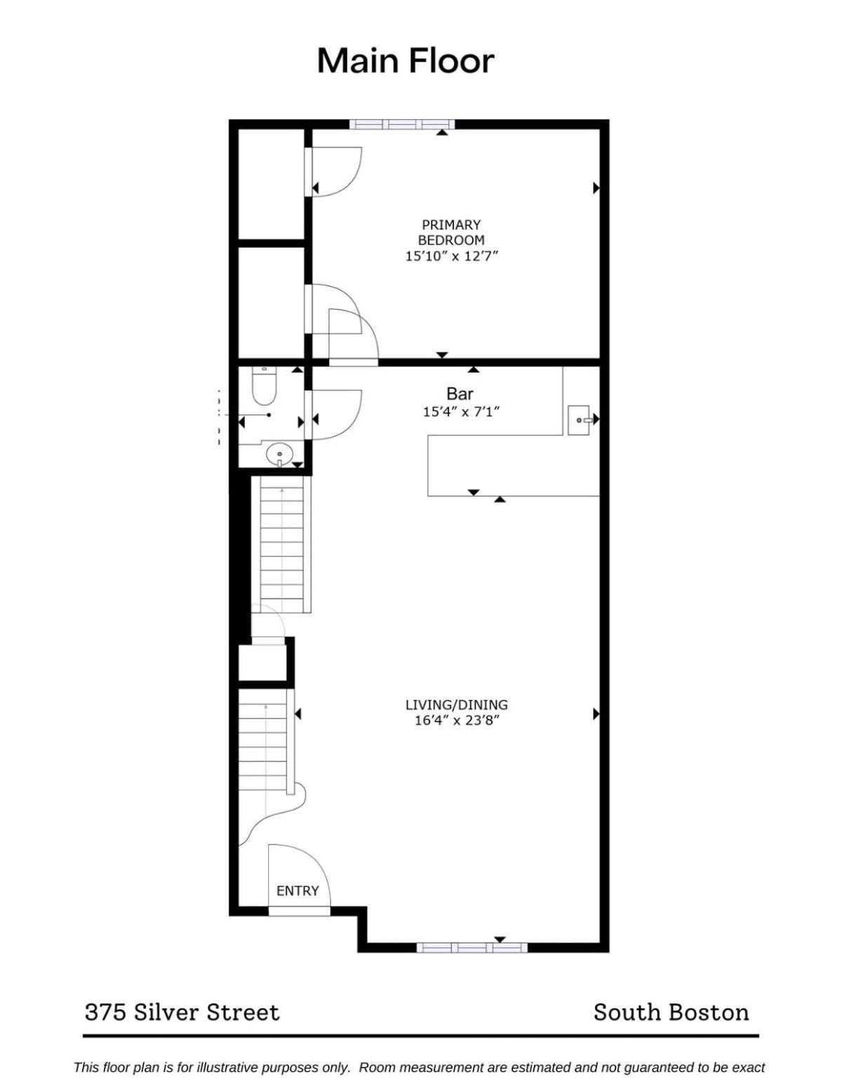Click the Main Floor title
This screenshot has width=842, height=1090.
tap(406, 61)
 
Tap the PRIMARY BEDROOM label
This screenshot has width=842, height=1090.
tap(451, 232)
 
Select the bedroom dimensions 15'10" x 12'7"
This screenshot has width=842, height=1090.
tap(451, 256)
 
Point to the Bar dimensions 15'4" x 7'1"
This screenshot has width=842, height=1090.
tap(462, 412)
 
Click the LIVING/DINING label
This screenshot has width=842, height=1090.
tap(456, 705)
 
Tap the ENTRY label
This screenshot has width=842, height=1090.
tap(298, 891)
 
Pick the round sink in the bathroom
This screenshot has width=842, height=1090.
tap(279, 455)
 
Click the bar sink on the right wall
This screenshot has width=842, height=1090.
tap(580, 420)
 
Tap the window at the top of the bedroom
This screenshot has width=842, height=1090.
tap(401, 124)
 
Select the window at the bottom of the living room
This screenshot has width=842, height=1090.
tap(472, 947)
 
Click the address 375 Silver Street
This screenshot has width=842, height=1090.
tap(182, 1012)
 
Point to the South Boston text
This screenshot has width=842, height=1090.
tap(671, 1012)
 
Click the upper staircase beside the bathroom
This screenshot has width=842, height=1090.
tap(281, 544)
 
